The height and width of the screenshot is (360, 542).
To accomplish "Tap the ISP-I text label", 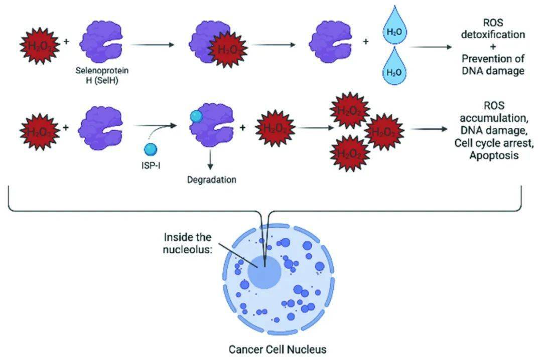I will [151, 166].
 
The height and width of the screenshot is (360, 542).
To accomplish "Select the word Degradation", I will [211, 179].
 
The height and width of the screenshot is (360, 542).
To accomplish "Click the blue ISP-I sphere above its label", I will [151, 149].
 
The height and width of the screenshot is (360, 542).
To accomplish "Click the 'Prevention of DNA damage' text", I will [495, 65].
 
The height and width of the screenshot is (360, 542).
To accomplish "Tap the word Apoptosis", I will [494, 155].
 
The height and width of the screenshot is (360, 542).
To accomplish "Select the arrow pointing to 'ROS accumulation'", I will [429, 129].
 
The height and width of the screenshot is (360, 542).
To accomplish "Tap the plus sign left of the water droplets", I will [366, 42].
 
